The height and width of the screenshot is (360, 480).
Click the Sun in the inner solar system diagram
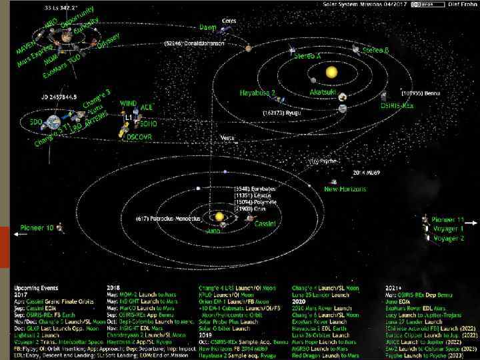(x=331, y=71)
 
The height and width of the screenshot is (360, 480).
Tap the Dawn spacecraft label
(x=208, y=27)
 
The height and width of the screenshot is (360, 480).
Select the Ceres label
(x=229, y=21)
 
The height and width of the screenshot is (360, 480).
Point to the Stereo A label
(x=308, y=57)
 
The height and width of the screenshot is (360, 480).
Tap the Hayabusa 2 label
(x=258, y=93)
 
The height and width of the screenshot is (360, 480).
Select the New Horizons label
(x=345, y=189)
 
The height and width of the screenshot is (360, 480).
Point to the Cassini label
(x=265, y=224)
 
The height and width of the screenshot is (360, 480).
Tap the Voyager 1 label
(x=448, y=228)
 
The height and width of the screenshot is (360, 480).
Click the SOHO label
(x=149, y=123)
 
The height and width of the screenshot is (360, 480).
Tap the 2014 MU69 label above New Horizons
(x=366, y=171)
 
